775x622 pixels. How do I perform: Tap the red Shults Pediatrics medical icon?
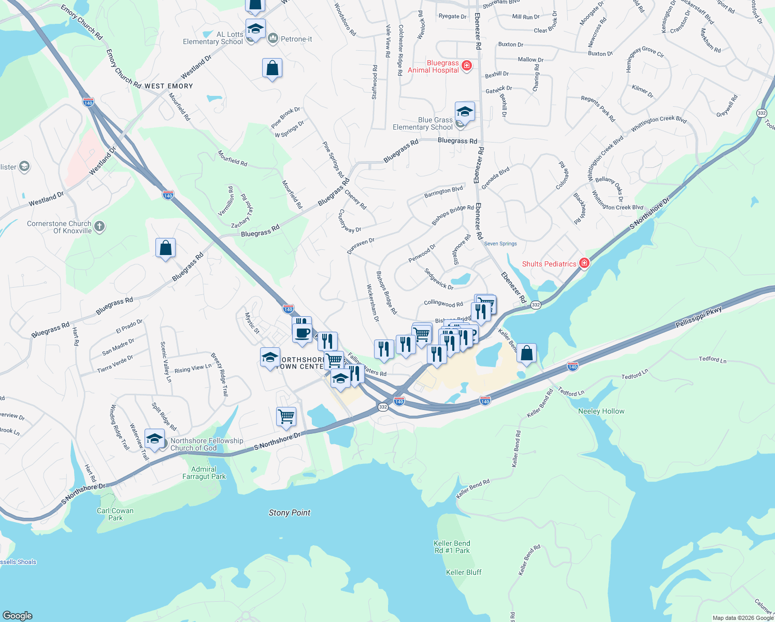coord(584,263)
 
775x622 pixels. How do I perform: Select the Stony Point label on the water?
coord(289,513)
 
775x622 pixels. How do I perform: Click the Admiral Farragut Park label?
coord(204,473)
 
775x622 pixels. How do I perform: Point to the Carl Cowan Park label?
coord(115,514)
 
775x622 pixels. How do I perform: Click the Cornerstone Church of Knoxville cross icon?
coord(99,227)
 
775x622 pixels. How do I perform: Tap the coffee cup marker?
coord(302,333)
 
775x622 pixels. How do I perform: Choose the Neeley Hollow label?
coord(601,411)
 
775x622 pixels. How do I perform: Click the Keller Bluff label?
coord(464,572)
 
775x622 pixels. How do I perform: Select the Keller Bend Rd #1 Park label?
coord(452,547)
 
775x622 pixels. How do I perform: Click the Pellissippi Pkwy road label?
coord(698,317)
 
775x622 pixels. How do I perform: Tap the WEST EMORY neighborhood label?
coord(168,86)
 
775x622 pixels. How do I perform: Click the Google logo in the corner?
coord(18,615)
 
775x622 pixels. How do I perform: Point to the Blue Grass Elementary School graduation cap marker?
coord(465,112)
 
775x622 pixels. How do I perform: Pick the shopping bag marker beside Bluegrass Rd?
coord(165,248)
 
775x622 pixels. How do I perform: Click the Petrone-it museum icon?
coord(273,39)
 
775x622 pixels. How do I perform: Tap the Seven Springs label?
coord(500,244)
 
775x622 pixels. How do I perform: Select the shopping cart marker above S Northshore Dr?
coord(286,416)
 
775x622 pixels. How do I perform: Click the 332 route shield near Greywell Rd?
coord(761,113)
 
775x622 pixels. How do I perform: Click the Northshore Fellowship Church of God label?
coord(207,444)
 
